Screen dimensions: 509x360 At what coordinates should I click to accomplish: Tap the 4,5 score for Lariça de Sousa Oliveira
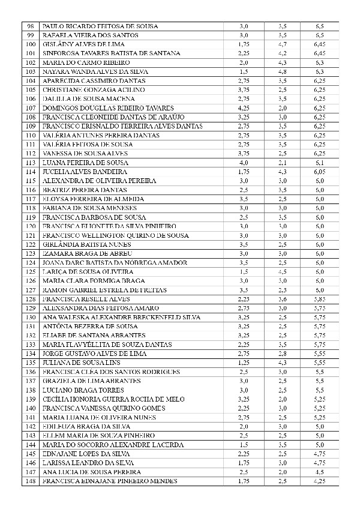(x=283, y=272)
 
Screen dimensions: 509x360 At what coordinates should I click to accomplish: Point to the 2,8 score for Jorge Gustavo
(x=283, y=354)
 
